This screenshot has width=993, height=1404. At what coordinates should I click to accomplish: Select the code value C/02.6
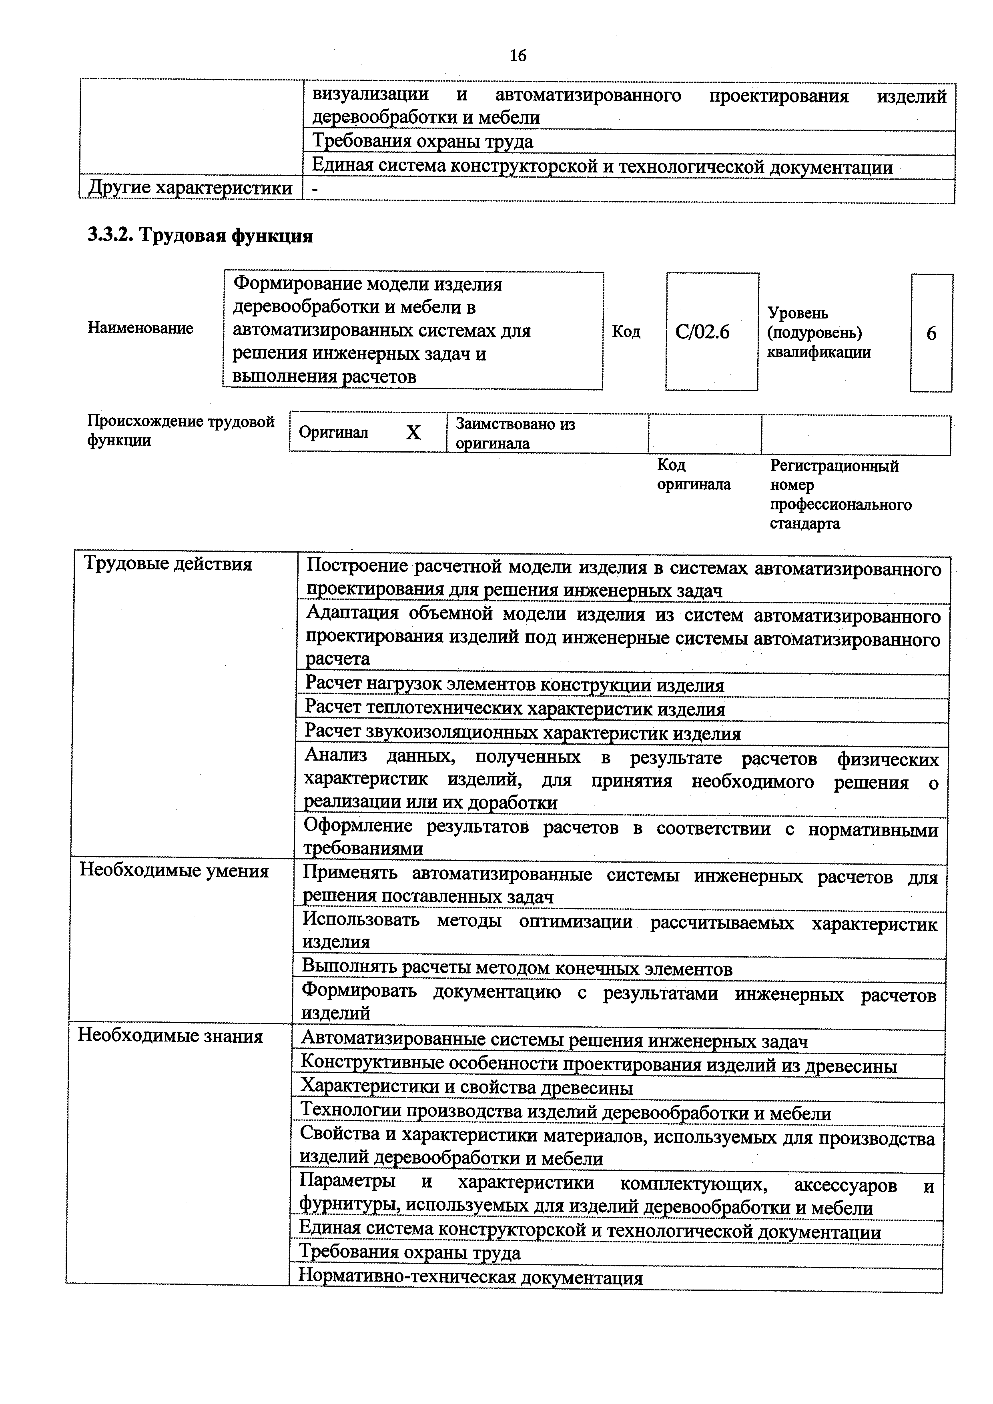point(702,332)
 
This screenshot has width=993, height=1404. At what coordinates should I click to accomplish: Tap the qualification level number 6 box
point(931,333)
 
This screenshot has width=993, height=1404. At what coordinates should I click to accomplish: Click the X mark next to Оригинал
point(413,433)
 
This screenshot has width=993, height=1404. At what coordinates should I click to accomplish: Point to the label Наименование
point(140,328)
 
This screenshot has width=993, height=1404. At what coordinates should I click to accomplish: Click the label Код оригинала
point(693,475)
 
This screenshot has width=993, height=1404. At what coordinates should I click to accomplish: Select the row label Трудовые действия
point(168,564)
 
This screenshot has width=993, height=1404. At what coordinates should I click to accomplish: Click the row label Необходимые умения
point(175,871)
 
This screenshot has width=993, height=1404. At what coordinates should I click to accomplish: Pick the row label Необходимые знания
point(171,1036)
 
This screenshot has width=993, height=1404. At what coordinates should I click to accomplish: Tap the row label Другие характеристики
point(190,188)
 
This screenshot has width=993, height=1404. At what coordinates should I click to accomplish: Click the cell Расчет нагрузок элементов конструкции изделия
point(514,685)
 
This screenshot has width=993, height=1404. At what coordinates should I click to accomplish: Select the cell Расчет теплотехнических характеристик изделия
point(515,710)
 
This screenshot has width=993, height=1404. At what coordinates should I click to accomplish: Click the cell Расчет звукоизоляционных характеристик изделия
point(522,734)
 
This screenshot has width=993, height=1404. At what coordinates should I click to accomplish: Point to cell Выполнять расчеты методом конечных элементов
point(517,969)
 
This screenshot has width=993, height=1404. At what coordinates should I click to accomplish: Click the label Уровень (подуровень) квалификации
point(818,332)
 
